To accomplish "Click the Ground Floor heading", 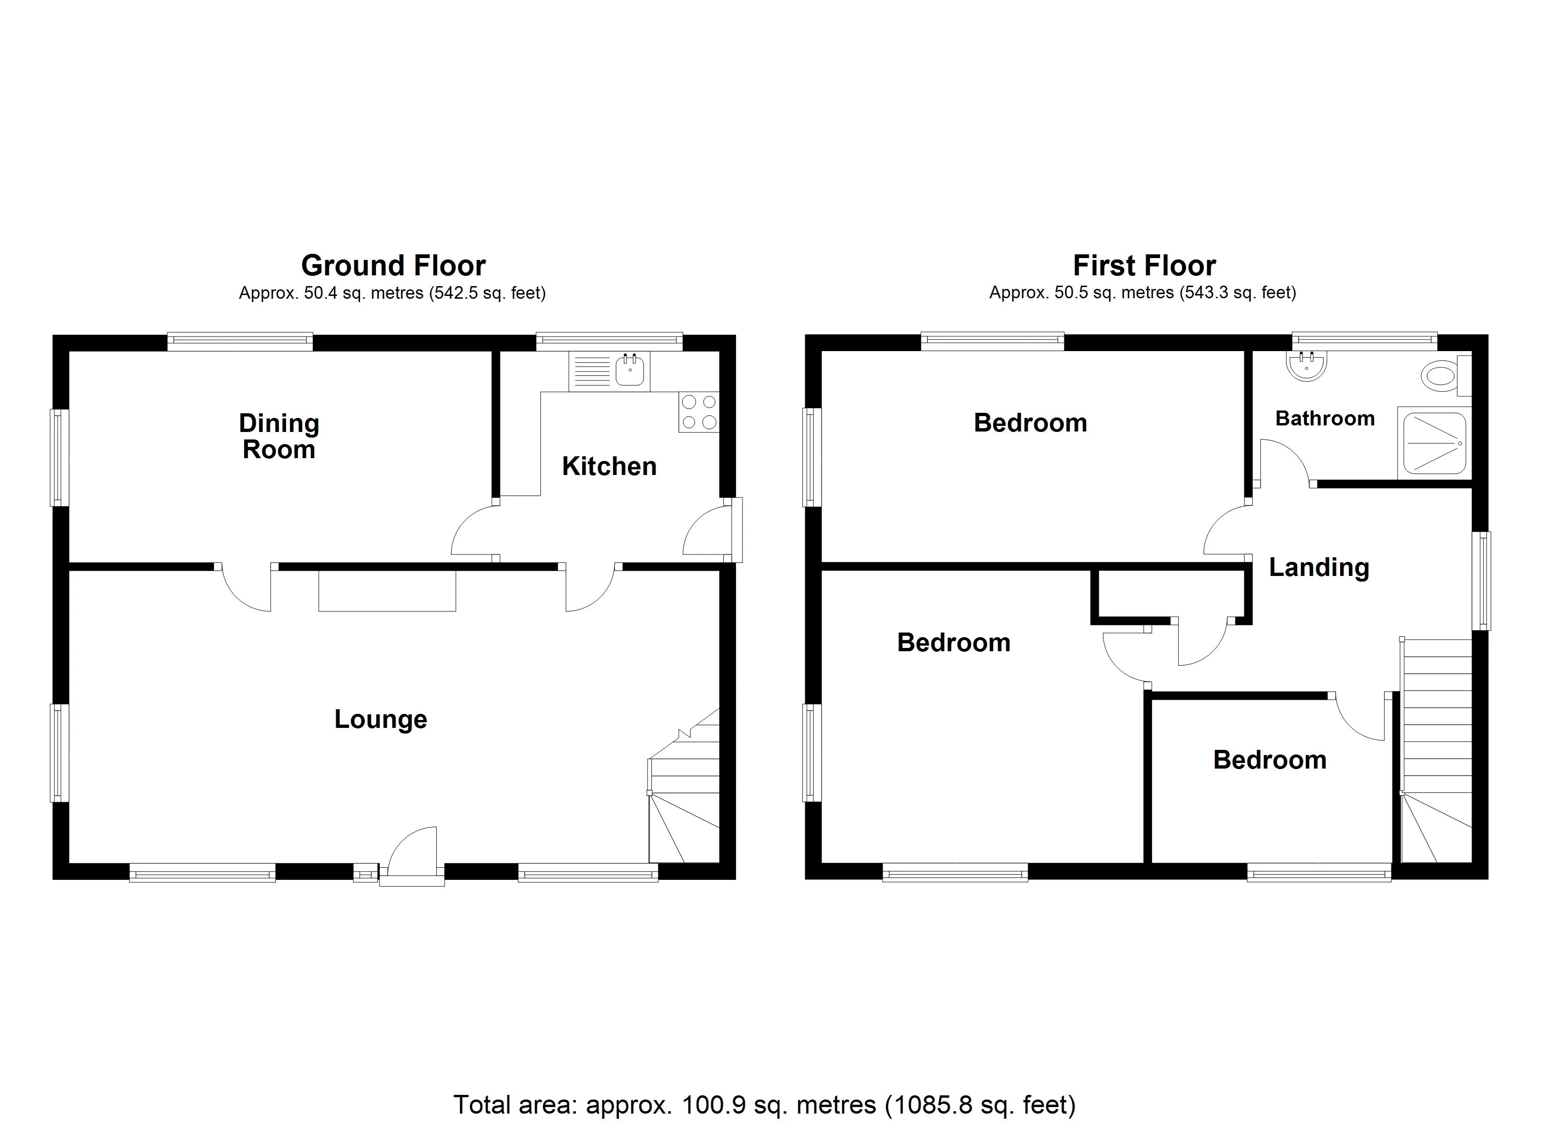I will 393,266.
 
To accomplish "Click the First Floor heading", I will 1144,266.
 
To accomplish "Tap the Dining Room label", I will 279,436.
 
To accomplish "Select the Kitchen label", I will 609,466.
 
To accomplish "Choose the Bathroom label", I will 1325,418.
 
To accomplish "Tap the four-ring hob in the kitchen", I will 699,412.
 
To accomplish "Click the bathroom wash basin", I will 1306,366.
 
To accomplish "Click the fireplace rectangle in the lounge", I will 387,590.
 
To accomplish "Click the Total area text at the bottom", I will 764,1104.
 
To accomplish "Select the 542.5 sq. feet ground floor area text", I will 488,293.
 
